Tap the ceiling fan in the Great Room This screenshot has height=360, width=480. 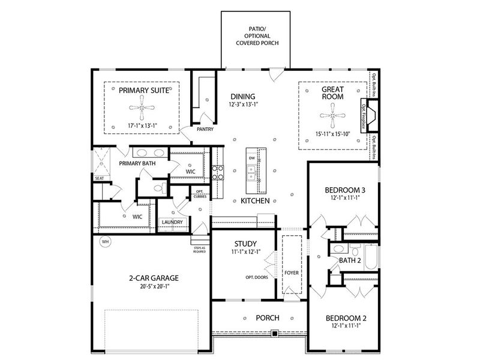(328, 111)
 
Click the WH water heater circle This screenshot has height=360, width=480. (106, 242)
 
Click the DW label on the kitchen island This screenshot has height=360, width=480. (252, 158)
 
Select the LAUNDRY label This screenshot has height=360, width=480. (172, 223)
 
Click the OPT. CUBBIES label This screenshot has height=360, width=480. (199, 193)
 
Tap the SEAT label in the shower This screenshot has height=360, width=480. (98, 178)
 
